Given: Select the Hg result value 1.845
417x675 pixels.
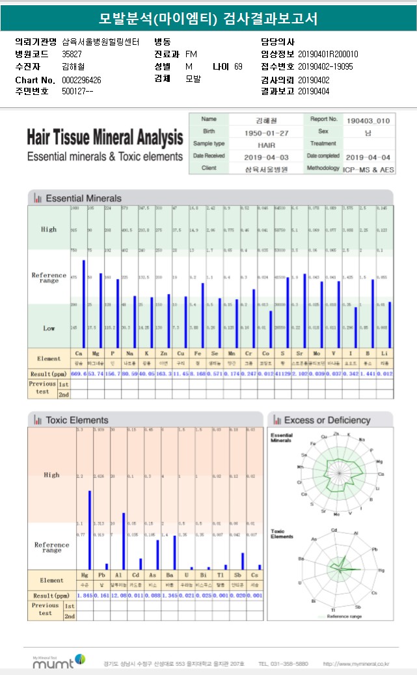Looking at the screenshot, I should coord(85,595).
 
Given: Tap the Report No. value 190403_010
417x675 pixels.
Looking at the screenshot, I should coord(368,120).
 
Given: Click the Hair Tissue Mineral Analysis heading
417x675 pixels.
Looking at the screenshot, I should coord(105,139).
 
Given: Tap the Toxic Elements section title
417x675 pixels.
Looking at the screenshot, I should coord(77,420).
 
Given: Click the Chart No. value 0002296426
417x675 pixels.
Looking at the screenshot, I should coord(81,79).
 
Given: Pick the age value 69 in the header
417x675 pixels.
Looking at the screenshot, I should coord(238,66).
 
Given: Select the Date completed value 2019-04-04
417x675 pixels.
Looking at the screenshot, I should coord(368,157).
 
